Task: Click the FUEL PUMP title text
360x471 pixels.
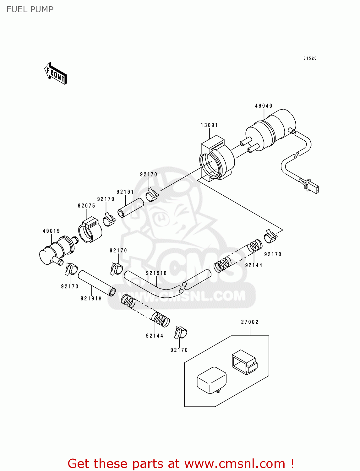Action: tap(30, 9)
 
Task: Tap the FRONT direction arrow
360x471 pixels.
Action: tap(56, 74)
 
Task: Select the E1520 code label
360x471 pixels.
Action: tap(310, 58)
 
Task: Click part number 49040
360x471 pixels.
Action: tap(264, 106)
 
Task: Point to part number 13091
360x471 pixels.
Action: tap(209, 125)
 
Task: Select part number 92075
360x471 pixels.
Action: tap(86, 206)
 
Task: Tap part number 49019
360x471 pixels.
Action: tap(51, 231)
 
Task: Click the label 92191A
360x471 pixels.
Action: tap(91, 299)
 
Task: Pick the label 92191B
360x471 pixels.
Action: tap(156, 273)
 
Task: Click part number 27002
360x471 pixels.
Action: tap(250, 322)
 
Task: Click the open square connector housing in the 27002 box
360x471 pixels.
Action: tap(244, 362)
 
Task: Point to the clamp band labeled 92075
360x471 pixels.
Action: tap(90, 231)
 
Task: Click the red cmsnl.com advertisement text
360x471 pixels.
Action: tap(181, 463)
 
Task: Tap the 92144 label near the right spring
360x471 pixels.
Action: tap(254, 265)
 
